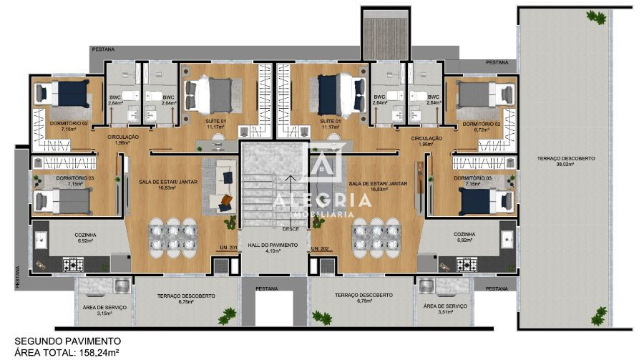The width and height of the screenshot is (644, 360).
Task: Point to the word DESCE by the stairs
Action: coord(291,229)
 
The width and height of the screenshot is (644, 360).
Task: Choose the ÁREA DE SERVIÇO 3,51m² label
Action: coord(444,309)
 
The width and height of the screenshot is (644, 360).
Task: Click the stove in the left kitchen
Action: coord(73,265)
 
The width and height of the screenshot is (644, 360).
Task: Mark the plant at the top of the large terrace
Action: coord(593,16)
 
